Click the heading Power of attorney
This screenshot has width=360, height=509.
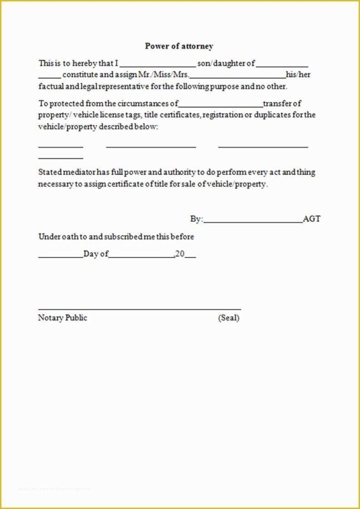click(x=179, y=46)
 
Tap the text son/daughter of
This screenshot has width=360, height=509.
click(x=226, y=64)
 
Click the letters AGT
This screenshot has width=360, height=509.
click(x=312, y=219)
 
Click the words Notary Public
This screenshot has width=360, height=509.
click(x=63, y=318)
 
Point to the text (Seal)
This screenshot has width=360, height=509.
click(x=229, y=318)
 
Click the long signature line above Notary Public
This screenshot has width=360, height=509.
click(x=139, y=309)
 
